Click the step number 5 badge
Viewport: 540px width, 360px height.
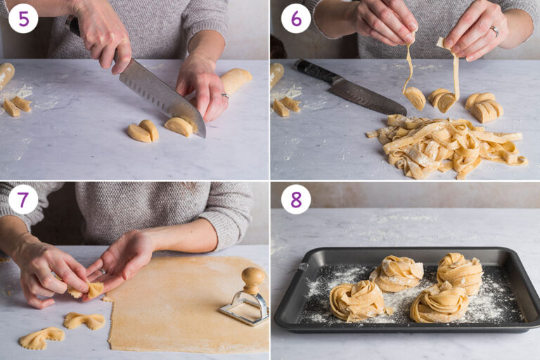[23, 18]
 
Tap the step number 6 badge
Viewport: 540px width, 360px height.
[295, 18]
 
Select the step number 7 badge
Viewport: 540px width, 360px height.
[23, 199]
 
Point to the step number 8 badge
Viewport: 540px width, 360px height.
[295, 199]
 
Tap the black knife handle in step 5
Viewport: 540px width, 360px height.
[72, 25]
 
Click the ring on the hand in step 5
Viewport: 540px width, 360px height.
[224, 95]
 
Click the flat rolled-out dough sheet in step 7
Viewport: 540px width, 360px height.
[183, 309]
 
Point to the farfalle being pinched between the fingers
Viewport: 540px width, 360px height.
[87, 289]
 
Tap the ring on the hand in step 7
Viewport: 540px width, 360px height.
[102, 271]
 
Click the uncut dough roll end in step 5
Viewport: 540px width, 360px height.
[235, 80]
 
